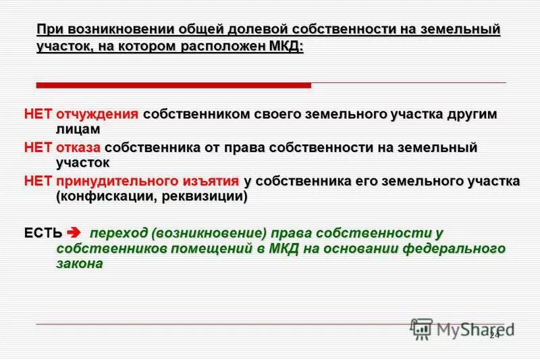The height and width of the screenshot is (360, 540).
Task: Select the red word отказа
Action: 79,147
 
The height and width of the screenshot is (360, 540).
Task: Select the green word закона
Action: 79,265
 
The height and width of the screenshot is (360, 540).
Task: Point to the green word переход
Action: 119,234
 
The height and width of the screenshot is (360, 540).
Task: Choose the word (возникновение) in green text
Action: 209,234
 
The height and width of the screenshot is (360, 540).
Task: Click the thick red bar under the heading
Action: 173,86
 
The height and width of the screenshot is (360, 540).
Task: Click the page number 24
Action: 495,335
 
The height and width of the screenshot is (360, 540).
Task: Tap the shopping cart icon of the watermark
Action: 421,329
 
